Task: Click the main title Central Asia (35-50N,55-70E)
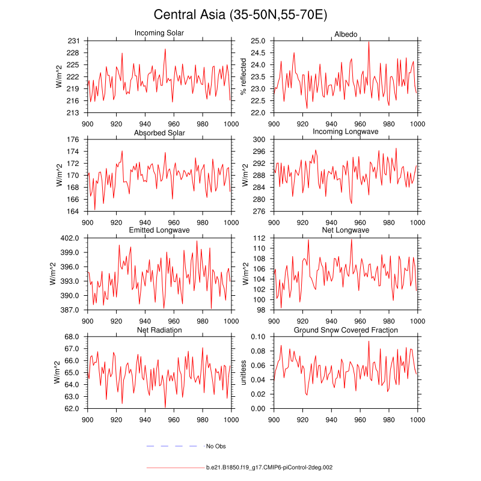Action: pyautogui.click(x=240, y=14)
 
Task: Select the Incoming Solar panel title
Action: pyautogui.click(x=159, y=32)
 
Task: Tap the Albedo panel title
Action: pyautogui.click(x=346, y=32)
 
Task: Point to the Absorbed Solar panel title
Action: pyautogui.click(x=159, y=132)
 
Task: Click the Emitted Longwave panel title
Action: pyautogui.click(x=159, y=230)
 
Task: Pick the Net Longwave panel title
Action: pyautogui.click(x=346, y=230)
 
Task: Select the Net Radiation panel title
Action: pyautogui.click(x=159, y=330)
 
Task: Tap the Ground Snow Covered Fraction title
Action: pyautogui.click(x=346, y=330)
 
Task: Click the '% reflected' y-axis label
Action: pyautogui.click(x=244, y=76)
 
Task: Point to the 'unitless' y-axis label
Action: pyautogui.click(x=244, y=373)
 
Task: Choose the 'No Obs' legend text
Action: pyautogui.click(x=216, y=446)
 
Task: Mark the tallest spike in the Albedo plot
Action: pyautogui.click(x=369, y=42)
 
